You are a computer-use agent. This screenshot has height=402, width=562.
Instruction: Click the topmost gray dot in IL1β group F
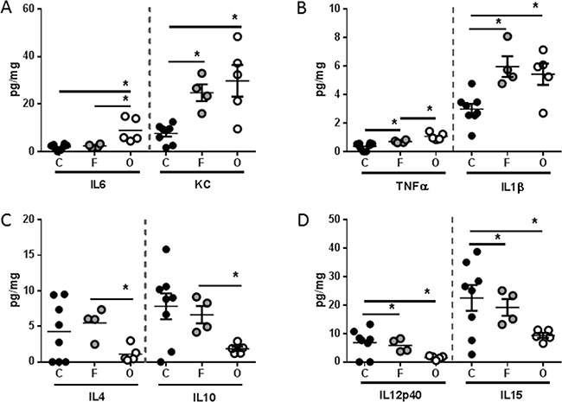click(x=508, y=36)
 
